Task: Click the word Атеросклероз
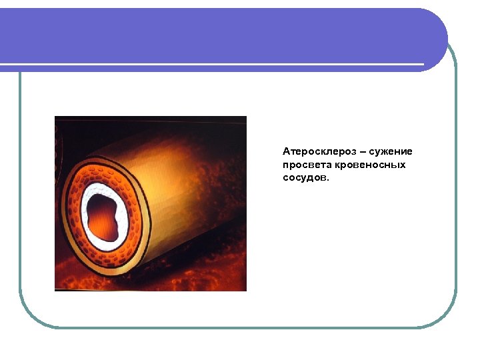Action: pyautogui.click(x=314, y=151)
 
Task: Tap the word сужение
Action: pyautogui.click(x=393, y=151)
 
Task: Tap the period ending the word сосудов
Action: pyautogui.click(x=328, y=180)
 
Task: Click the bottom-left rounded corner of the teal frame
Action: pyautogui.click(x=30, y=316)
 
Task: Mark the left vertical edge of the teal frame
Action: pyautogui.click(x=20, y=200)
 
